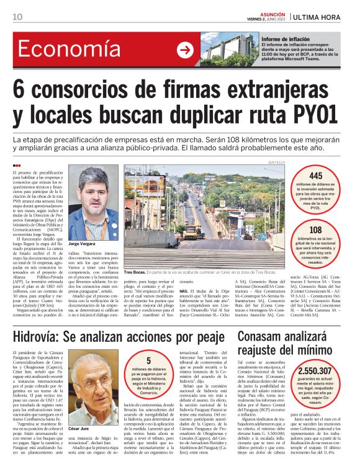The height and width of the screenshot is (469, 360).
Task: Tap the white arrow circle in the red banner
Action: [x=184, y=50]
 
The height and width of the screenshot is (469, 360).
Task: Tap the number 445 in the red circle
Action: [x=315, y=176]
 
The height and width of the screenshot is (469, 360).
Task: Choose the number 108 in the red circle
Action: [x=315, y=230]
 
